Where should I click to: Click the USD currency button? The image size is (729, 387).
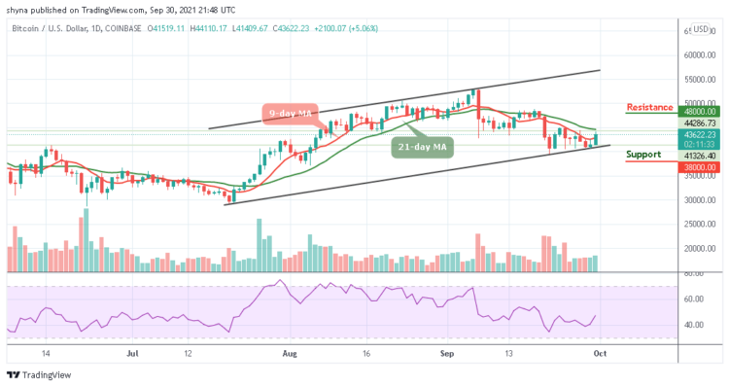(x=699, y=29)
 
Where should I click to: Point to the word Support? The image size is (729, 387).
(x=643, y=154)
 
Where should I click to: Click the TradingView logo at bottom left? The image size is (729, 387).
(x=40, y=375)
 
